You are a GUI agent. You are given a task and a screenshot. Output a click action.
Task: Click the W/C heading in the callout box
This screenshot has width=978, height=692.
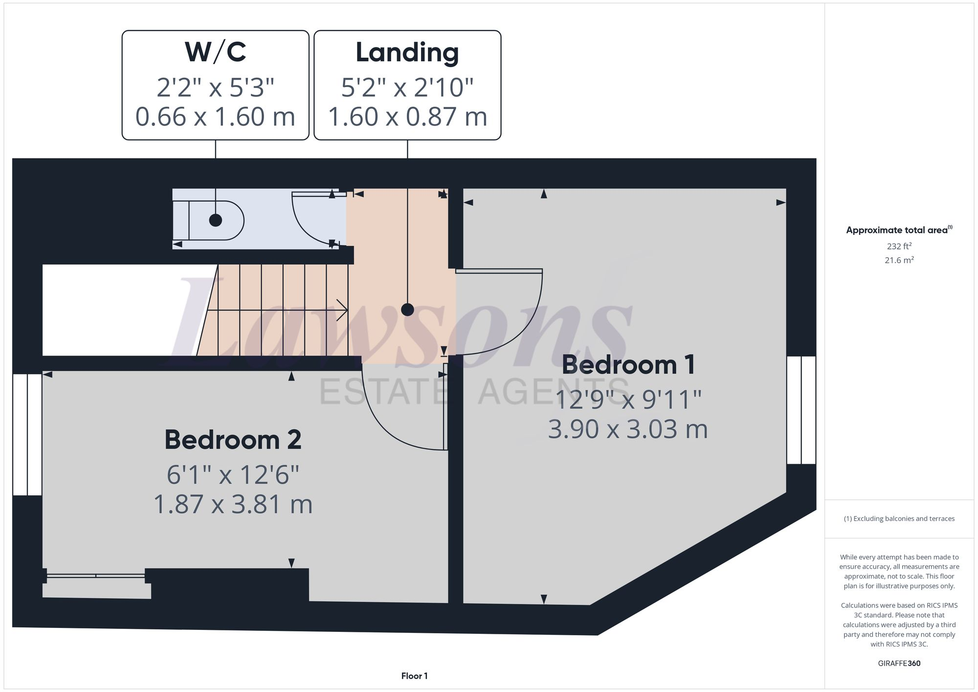pyautogui.click(x=215, y=52)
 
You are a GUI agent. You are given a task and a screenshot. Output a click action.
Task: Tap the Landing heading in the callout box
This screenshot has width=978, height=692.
pyautogui.click(x=407, y=52)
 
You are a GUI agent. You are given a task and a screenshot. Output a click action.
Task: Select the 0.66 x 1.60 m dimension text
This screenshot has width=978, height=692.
pyautogui.click(x=215, y=117)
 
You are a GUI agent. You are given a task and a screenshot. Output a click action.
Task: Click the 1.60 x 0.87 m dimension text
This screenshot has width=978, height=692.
pyautogui.click(x=407, y=117)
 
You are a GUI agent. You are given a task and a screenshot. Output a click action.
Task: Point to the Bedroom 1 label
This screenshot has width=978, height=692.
pyautogui.click(x=628, y=365)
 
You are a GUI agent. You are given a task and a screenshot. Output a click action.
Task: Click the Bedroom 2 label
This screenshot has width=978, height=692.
pyautogui.click(x=233, y=440)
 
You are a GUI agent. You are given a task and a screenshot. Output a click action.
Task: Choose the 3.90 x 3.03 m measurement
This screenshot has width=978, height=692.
pyautogui.click(x=628, y=429)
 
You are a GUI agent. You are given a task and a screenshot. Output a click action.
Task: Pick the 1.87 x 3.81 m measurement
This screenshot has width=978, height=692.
pyautogui.click(x=233, y=504)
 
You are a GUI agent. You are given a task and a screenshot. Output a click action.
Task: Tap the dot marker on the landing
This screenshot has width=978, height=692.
pyautogui.click(x=407, y=310)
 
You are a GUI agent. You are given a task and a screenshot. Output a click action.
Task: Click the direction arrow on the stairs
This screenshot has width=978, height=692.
pyautogui.click(x=341, y=310)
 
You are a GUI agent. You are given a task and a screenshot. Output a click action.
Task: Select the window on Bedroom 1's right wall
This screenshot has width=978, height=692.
pyautogui.click(x=801, y=410)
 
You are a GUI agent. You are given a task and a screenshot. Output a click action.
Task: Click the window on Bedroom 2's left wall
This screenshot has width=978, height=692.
pyautogui.click(x=27, y=435)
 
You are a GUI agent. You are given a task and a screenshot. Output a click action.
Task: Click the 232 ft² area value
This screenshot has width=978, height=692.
pyautogui.click(x=899, y=246)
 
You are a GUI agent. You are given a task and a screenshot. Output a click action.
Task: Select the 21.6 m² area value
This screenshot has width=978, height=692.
pyautogui.click(x=899, y=260)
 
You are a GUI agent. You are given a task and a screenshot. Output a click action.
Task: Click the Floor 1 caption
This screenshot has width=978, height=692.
pyautogui.click(x=414, y=676)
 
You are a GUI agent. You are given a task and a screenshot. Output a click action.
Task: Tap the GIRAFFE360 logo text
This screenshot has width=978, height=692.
pyautogui.click(x=899, y=663)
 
